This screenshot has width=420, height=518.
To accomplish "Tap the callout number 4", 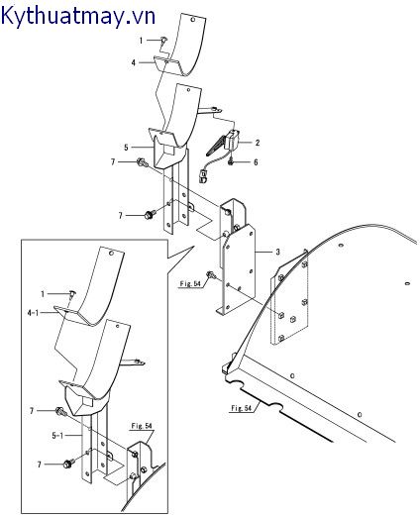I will point(133,62).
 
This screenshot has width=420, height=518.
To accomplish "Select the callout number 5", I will point(126,146).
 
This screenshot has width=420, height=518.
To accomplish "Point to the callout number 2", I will point(257,143).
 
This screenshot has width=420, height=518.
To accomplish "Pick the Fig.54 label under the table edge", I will point(243,408).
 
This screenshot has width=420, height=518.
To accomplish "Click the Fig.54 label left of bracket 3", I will point(190,284).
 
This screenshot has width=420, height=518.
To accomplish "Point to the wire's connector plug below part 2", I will point(201,179).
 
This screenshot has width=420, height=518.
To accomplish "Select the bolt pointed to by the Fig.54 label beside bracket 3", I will point(211,276).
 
